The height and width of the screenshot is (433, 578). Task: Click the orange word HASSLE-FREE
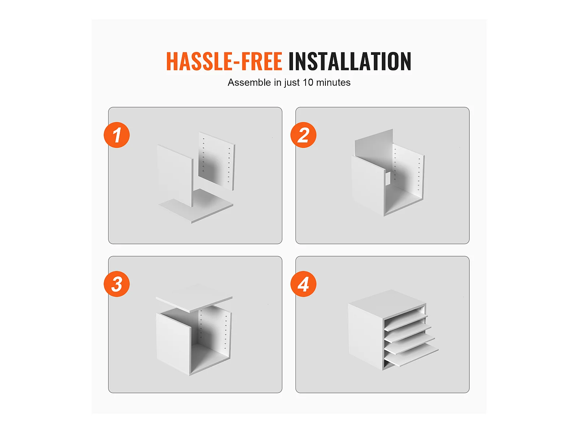pos(224,61)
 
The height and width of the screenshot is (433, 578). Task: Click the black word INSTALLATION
pos(350,61)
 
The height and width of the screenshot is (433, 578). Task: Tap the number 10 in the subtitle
pos(308,83)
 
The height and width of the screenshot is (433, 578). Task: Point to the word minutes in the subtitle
pos(333,83)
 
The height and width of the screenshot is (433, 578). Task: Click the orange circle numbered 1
pos(117,135)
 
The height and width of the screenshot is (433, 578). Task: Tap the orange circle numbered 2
pos(303,135)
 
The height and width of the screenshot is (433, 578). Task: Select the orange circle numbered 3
pos(117,284)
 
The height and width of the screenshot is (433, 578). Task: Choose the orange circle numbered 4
pos(303,284)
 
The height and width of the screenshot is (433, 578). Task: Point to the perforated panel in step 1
pos(216,161)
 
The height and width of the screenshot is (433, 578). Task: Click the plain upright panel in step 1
pos(175,175)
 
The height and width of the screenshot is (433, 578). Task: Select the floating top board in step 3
pos(194,298)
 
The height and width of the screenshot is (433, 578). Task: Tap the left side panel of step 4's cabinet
pos(366,337)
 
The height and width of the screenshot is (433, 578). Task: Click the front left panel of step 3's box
pos(173,343)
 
